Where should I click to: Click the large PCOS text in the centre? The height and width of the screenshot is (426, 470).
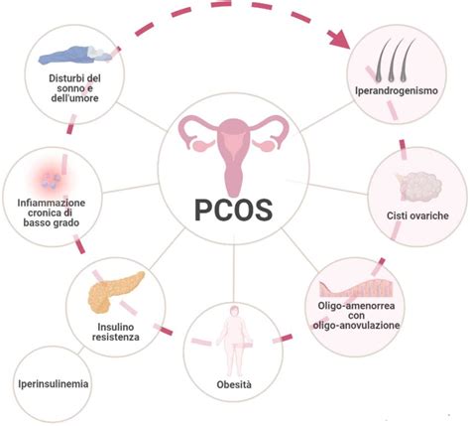coord(233,210)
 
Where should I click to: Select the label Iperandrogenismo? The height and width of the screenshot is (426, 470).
coord(397,90)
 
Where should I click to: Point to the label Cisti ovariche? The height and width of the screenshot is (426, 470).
coord(417,215)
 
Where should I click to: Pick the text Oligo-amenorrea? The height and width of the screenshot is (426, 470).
coord(356,305)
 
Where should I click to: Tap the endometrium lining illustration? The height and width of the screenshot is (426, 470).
coord(356,287)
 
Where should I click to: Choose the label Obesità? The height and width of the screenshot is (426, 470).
coord(234,384)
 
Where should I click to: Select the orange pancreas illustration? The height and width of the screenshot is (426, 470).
coord(116,292)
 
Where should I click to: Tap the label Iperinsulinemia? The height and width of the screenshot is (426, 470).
coord(54,383)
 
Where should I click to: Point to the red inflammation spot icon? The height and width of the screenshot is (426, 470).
coord(52,179)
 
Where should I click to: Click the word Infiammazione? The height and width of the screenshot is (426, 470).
coord(52,203)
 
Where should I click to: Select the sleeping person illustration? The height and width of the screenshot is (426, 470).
coord(75,55)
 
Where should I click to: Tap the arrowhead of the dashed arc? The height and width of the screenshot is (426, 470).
coord(339,39)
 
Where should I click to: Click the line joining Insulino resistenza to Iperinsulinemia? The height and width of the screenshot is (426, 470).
coord(81,352)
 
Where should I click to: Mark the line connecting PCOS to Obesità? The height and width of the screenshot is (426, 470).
coord(233,273)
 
